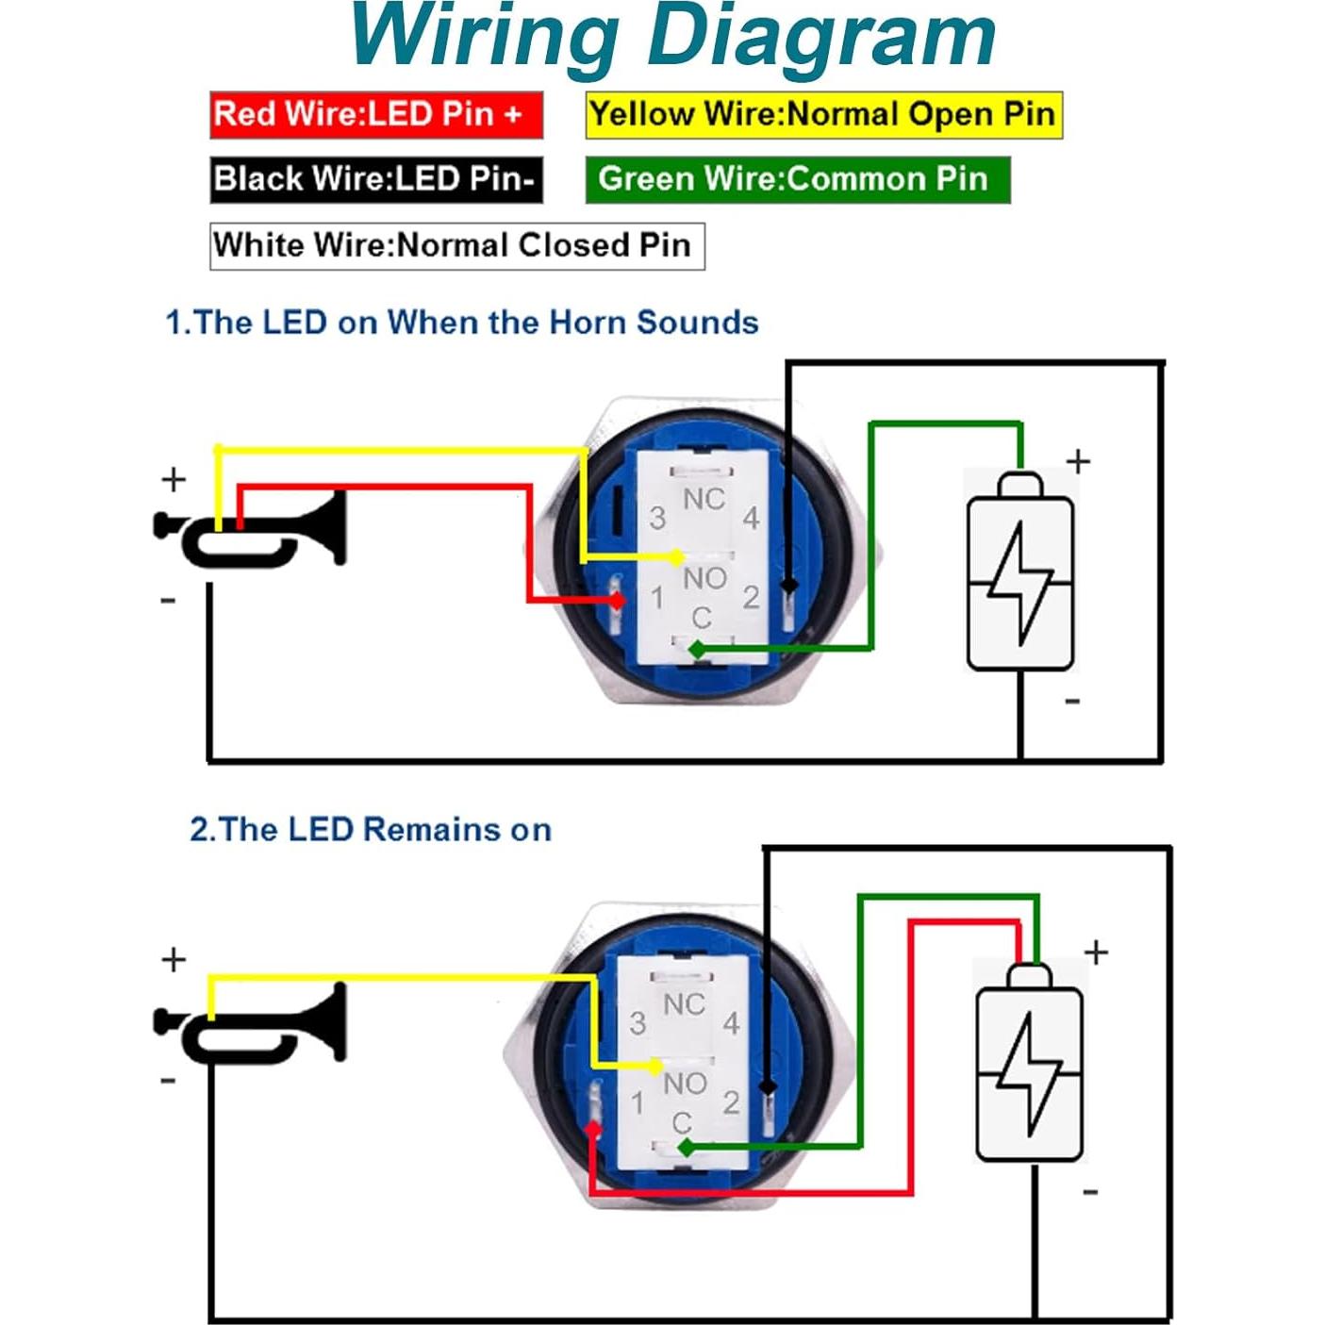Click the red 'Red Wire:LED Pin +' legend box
tap(375, 115)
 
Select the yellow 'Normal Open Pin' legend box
tap(823, 115)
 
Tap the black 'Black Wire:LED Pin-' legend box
tap(375, 179)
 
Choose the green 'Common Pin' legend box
tap(797, 179)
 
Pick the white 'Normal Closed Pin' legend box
tap(456, 246)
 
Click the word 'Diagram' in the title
tap(820, 38)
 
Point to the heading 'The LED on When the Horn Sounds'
tap(462, 323)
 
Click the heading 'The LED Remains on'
tap(371, 830)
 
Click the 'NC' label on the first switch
tap(704, 499)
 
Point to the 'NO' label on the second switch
tap(684, 1084)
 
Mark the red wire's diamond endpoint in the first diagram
tap(618, 599)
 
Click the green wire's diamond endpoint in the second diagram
tap(686, 1148)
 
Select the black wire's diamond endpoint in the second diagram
tap(769, 1087)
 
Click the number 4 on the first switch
tap(751, 518)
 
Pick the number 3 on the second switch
tap(638, 1023)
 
